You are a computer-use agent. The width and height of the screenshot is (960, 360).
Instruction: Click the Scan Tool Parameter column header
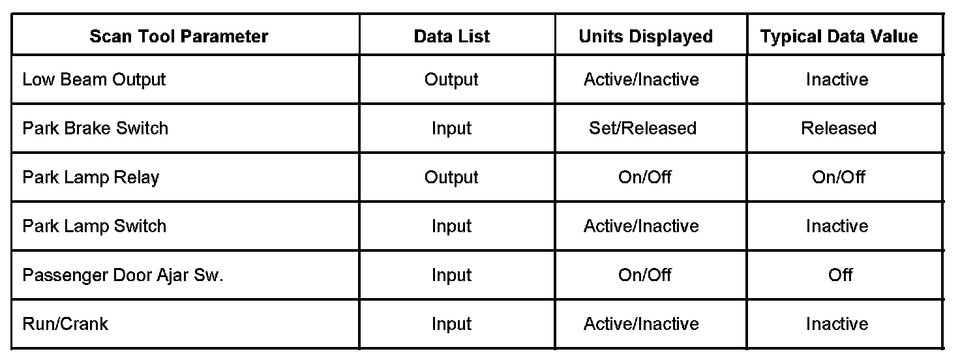179,37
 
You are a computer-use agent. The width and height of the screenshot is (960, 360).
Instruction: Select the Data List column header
452,37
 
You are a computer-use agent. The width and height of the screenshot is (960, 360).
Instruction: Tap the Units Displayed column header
645,37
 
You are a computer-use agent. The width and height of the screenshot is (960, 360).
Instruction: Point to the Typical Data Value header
839,37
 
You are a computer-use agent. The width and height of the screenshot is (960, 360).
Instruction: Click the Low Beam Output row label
94,80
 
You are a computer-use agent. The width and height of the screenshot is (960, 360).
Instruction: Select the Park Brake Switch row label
95,128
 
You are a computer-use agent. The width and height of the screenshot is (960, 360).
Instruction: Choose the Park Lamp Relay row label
91,177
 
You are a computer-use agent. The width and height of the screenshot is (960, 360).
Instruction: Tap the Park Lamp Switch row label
94,226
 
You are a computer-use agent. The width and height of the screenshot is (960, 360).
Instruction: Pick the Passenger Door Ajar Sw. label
123,275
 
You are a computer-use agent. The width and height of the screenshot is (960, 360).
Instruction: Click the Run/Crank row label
65,324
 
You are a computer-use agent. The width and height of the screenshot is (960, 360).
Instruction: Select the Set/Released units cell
642,128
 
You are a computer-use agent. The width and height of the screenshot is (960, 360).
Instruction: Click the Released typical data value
839,128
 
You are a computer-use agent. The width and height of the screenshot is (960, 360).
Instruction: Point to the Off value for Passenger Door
840,275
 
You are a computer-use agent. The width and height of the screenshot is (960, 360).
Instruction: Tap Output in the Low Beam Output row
451,80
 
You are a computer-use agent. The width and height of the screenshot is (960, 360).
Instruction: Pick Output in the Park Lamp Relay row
451,177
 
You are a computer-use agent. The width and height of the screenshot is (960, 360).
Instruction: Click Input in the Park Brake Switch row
451,128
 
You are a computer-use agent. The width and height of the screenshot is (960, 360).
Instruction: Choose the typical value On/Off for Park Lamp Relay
839,177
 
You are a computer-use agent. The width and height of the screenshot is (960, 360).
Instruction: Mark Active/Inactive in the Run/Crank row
641,324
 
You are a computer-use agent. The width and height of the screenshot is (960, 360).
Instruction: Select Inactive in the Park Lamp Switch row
837,226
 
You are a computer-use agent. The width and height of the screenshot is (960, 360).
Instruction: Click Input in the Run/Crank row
451,324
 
